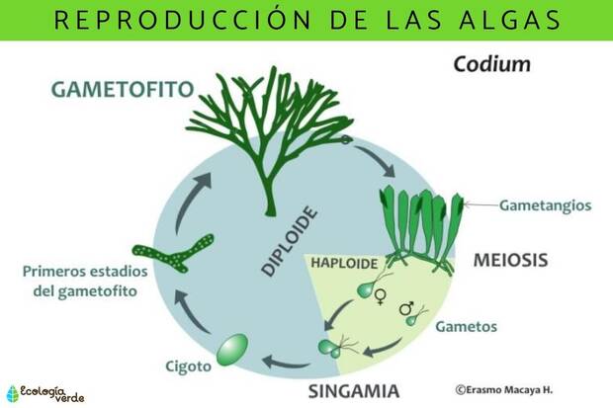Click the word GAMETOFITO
(123, 89)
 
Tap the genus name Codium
(492, 64)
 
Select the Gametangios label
(546, 205)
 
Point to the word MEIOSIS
(510, 260)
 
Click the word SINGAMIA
(354, 391)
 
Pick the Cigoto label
(189, 367)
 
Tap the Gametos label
(467, 327)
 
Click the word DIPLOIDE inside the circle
(289, 241)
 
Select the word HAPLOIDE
(344, 264)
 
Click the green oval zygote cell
(232, 350)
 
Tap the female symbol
(379, 296)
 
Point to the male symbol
(406, 308)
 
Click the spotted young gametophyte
(174, 253)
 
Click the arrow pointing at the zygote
(286, 363)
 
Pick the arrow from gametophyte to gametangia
(376, 158)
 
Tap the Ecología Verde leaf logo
(13, 394)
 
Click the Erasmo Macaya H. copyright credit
(504, 389)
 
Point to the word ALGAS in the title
(510, 21)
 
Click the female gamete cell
(366, 289)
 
